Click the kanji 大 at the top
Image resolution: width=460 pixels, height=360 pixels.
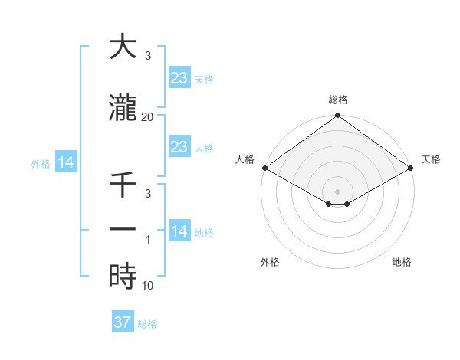point(123,47)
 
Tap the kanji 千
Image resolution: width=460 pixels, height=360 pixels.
point(123,185)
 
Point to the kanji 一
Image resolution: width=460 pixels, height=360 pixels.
point(123,229)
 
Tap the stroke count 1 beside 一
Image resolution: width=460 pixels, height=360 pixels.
point(149,239)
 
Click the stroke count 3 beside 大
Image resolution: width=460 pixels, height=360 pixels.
point(148,57)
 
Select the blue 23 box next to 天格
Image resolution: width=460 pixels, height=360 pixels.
point(179,77)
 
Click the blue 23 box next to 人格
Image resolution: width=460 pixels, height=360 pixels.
point(179,147)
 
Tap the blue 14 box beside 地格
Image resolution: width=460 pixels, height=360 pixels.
point(179,231)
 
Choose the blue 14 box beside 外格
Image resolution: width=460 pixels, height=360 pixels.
point(65,162)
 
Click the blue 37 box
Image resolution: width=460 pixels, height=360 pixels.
point(122,322)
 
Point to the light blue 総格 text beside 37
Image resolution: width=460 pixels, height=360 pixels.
point(147,324)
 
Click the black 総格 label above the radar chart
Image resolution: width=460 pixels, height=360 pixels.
point(337,100)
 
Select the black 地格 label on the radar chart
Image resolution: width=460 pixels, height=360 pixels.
point(402,262)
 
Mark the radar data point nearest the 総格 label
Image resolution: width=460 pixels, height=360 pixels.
point(337,116)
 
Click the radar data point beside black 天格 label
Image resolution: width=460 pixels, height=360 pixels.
point(412,168)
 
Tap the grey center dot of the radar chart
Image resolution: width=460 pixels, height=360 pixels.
point(337,191)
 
